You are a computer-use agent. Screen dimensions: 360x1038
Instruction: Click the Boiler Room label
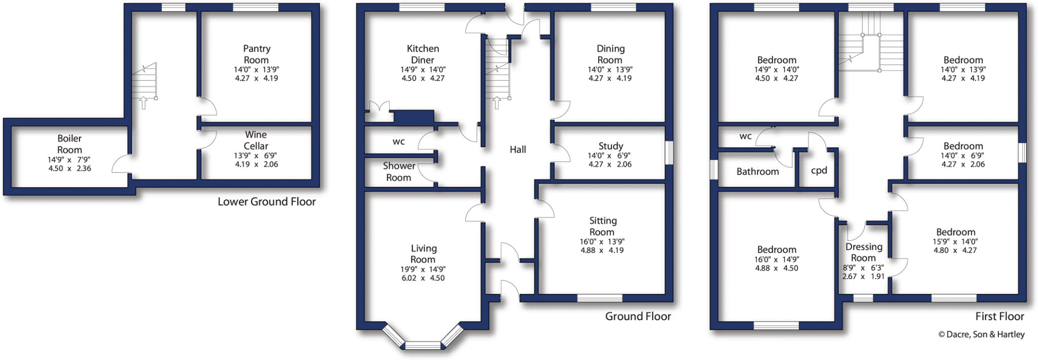(69, 144)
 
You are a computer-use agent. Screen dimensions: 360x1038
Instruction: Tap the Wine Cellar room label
(256, 140)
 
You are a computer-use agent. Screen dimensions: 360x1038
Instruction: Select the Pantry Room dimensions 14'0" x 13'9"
(256, 70)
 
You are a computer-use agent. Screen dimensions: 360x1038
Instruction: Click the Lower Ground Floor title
(267, 202)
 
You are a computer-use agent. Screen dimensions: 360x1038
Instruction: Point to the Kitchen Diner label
(423, 54)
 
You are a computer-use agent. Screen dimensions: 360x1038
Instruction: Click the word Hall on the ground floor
(517, 150)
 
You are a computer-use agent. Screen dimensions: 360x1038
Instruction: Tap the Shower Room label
(399, 171)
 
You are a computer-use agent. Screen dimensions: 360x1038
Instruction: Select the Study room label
(610, 146)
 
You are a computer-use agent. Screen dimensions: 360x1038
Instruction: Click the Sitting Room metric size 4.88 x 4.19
(602, 250)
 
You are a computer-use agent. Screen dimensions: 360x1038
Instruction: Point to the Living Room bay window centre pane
(423, 345)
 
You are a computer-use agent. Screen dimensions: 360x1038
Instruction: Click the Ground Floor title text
(638, 316)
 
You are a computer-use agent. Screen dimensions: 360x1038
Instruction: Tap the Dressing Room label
(864, 252)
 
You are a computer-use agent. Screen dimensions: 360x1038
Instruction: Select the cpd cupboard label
(819, 170)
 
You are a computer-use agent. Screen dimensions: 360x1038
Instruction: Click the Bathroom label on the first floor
(757, 171)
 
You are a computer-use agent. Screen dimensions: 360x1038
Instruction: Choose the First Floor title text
(999, 316)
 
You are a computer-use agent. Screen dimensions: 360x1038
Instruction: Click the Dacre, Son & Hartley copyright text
(981, 335)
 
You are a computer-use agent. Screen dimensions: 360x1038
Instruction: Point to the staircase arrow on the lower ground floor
(143, 103)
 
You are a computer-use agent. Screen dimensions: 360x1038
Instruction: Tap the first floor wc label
(745, 136)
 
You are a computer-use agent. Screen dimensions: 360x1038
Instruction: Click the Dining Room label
(610, 54)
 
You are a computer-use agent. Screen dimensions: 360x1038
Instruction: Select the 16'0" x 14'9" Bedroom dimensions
(776, 260)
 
